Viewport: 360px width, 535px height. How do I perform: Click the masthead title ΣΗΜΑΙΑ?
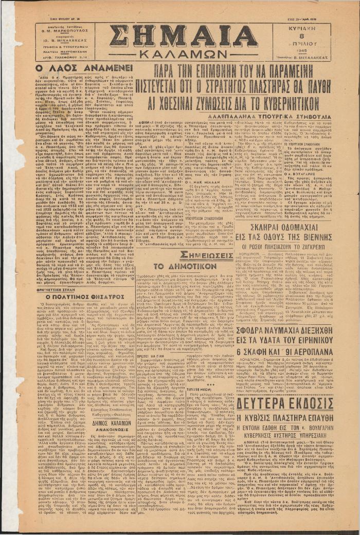point(183,36)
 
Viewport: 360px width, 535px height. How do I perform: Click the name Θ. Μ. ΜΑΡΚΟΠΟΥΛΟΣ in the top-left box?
point(63,30)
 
